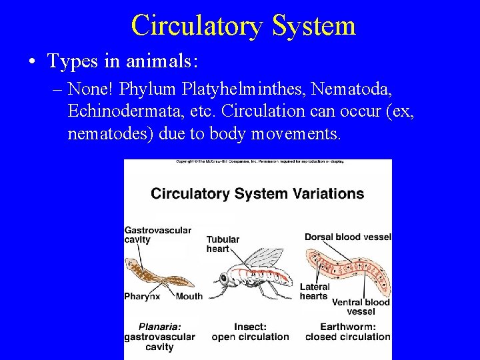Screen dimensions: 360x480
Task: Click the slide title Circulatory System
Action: point(243,25)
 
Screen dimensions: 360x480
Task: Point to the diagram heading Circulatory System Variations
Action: point(257,194)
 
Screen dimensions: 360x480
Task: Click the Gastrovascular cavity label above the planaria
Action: point(157,235)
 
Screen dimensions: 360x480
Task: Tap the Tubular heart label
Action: point(223,244)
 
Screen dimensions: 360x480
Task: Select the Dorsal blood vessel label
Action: point(347,237)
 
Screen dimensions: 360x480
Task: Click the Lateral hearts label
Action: point(314,291)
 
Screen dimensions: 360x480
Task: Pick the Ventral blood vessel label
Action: point(360,307)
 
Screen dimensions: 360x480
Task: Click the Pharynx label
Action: point(142,296)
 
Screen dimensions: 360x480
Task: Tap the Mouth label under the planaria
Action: point(189,296)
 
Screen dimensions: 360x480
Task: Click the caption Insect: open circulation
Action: point(250,332)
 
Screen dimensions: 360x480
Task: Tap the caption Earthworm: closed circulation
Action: point(347,332)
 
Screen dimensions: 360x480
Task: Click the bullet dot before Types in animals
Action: point(32,62)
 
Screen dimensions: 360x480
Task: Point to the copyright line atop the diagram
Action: point(257,162)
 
